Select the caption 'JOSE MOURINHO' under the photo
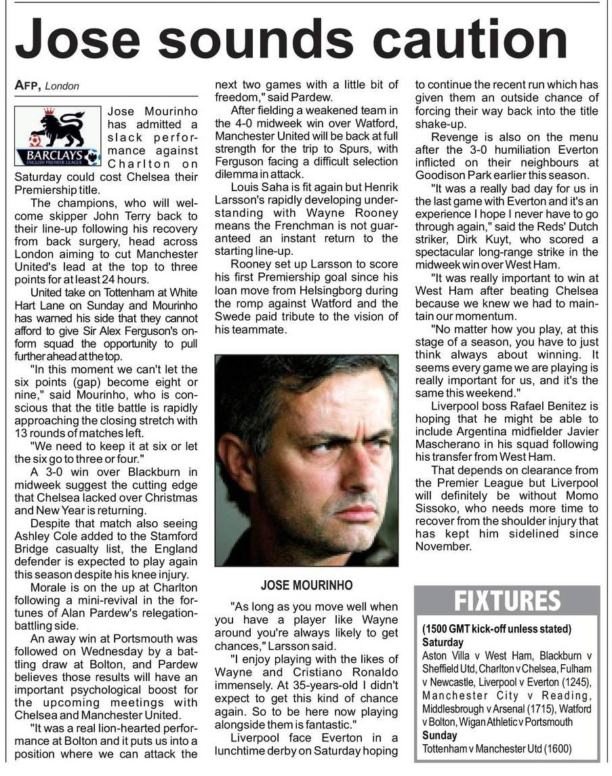(x=306, y=585)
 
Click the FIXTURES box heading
(x=507, y=601)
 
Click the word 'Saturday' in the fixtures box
(x=443, y=642)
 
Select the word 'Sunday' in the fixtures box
(x=439, y=735)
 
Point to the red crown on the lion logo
(x=49, y=110)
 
